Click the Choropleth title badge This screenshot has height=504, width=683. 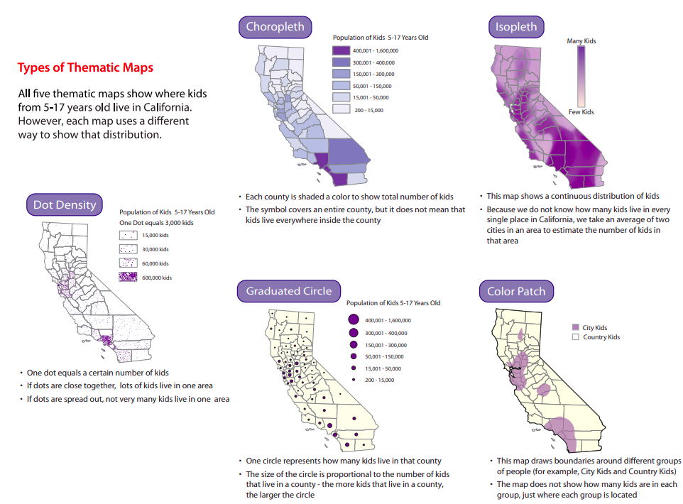pyautogui.click(x=275, y=27)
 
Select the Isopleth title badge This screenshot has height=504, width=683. pyautogui.click(x=516, y=28)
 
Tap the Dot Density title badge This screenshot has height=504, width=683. pyautogui.click(x=65, y=205)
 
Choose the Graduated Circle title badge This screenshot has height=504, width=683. pyautogui.click(x=288, y=291)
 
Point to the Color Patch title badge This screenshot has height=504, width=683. pyautogui.click(x=516, y=292)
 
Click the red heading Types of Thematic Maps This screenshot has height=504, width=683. pyautogui.click(x=85, y=68)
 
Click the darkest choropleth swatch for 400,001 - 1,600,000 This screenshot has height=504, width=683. pyautogui.click(x=341, y=51)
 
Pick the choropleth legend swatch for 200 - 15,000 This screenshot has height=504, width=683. pyautogui.click(x=341, y=110)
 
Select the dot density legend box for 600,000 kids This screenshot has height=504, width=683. pyautogui.click(x=128, y=277)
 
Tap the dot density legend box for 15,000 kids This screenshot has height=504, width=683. pyautogui.click(x=128, y=235)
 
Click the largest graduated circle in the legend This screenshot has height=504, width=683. pyautogui.click(x=351, y=320)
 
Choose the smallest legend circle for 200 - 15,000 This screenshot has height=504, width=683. pyautogui.click(x=351, y=380)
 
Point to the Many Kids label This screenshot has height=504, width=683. pyautogui.click(x=581, y=41)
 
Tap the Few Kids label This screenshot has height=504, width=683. pyautogui.click(x=581, y=112)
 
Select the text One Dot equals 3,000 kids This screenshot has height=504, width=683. pyautogui.click(x=156, y=223)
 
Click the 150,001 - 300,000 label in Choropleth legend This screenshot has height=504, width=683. pyautogui.click(x=375, y=75)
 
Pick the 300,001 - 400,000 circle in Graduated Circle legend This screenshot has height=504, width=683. pyautogui.click(x=351, y=333)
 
